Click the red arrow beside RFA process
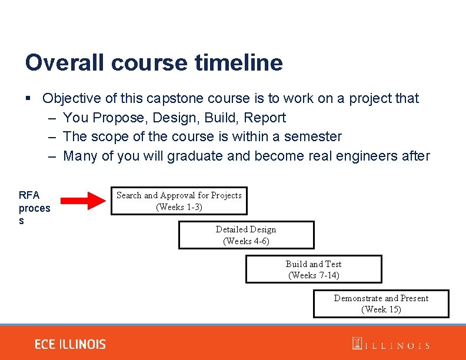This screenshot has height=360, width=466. click(84, 200)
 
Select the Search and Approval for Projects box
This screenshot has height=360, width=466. click(179, 201)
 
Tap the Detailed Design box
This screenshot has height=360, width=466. click(246, 235)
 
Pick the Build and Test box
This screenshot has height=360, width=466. click(314, 269)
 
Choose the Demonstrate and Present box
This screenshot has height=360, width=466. click(381, 304)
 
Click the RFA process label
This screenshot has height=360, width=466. click(34, 208)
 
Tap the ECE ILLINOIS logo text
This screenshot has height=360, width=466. click(70, 344)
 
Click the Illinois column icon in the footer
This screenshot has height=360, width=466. click(357, 344)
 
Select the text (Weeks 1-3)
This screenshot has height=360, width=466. click(179, 207)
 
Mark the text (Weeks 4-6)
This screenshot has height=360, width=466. click(246, 241)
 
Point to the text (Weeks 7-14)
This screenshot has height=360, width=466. click(314, 275)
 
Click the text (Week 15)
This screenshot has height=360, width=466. click(381, 309)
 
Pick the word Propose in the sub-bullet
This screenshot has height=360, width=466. click(121, 118)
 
